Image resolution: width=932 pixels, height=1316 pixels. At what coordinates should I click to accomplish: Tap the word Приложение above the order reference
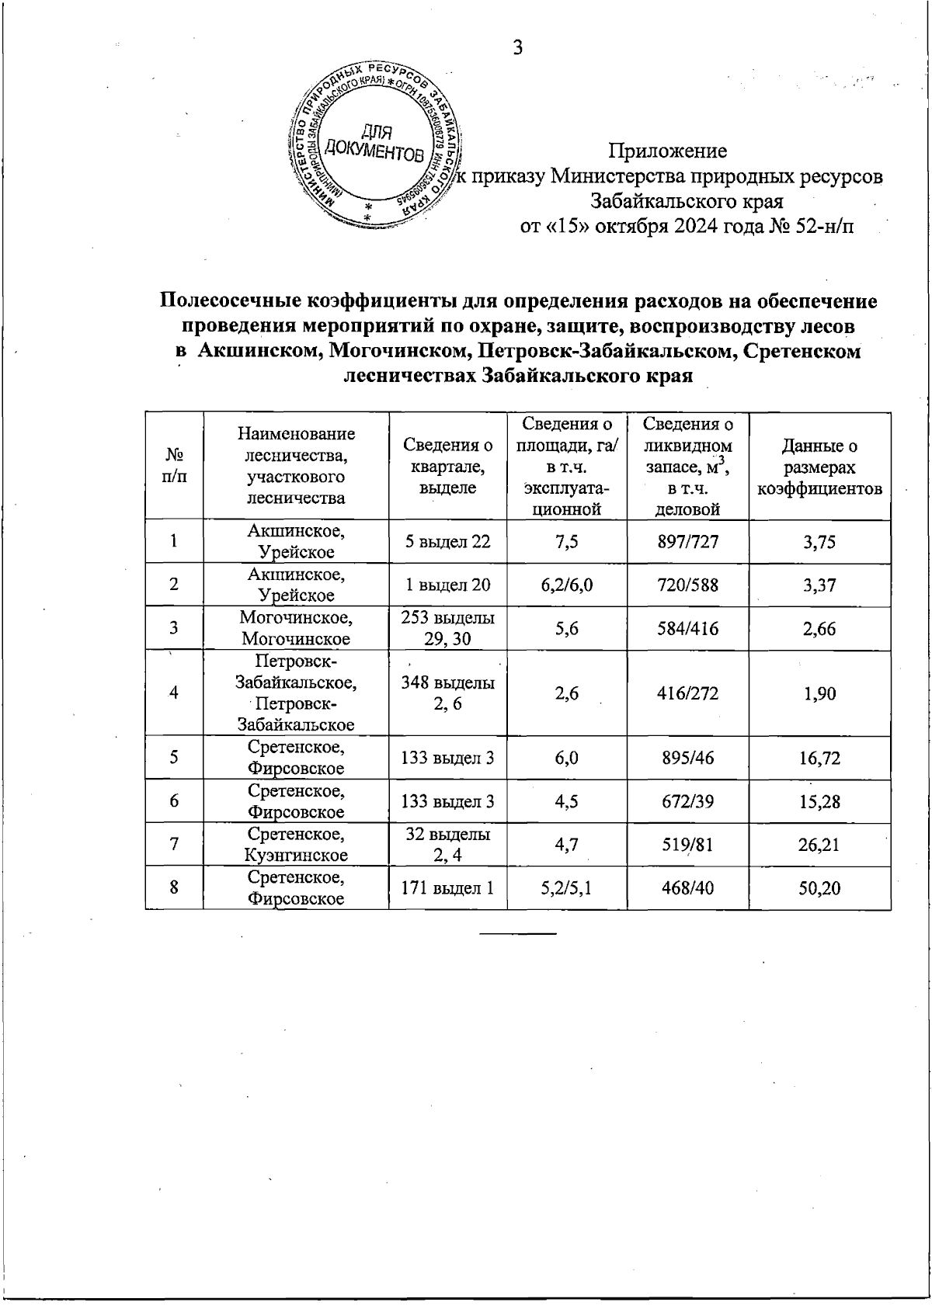point(668,150)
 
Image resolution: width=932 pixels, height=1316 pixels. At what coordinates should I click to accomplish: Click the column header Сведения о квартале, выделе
point(447,466)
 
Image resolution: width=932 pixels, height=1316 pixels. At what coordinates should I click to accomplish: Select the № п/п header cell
point(174,467)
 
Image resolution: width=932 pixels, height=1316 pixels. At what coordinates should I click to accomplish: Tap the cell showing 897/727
point(687,542)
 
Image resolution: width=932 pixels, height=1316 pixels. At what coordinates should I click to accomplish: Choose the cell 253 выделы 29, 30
point(447,628)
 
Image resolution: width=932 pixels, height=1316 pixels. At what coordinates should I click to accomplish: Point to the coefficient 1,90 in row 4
point(819,693)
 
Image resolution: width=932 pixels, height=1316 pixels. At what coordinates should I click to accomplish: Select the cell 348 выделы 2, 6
point(447,693)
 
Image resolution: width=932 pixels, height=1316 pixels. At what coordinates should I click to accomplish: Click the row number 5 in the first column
point(174,758)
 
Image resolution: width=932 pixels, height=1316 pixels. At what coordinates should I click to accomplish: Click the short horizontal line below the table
point(518,932)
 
